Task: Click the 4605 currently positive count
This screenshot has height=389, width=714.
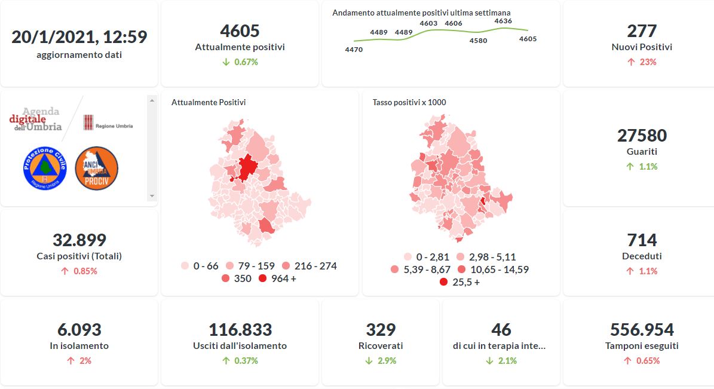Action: pos(240,30)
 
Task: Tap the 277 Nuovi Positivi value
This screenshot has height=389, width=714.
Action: pos(642,30)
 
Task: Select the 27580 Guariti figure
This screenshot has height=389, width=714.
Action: pos(642,136)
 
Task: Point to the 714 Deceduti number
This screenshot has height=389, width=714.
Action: pos(642,240)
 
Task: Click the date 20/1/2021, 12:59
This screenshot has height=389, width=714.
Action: pos(79,37)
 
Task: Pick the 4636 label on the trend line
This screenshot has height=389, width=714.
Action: pos(503,21)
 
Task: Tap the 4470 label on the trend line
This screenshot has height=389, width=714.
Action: pos(354,50)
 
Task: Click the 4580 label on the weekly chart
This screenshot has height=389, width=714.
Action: pos(478,41)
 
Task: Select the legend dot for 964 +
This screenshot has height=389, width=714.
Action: pos(262,279)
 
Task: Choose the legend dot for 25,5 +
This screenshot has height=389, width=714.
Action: pos(443,282)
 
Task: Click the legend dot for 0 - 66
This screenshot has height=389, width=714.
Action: pos(185,266)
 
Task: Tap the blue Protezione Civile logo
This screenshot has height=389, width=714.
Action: pos(44,169)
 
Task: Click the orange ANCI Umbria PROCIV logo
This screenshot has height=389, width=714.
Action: pos(96,169)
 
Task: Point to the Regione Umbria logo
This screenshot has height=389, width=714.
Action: pos(108,123)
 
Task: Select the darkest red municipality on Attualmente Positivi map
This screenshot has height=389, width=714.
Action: pos(245,167)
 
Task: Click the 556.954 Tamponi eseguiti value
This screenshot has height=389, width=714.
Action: pos(642,330)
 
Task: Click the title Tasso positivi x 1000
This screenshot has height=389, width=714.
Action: pos(409,103)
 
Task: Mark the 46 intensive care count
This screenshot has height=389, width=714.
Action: pos(501,330)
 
